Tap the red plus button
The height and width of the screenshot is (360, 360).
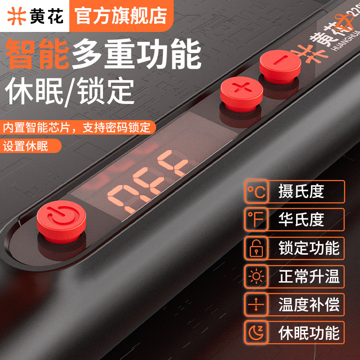click(242, 88)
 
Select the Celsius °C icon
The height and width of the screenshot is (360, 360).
click(257, 192)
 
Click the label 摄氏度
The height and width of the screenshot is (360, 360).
click(301, 192)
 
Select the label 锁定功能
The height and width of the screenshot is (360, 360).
click(309, 248)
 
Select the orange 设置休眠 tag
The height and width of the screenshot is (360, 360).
click(26, 146)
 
